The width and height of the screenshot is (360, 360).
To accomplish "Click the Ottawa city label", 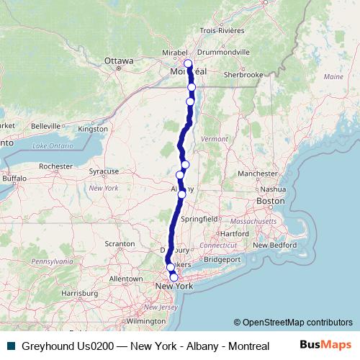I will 119,61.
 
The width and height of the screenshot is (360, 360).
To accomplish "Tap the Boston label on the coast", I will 271,201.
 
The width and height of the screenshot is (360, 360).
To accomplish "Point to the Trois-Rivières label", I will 222,31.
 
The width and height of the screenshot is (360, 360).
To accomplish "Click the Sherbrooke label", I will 244,74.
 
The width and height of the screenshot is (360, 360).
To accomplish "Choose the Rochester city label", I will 56,166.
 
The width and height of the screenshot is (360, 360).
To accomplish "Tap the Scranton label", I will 120,245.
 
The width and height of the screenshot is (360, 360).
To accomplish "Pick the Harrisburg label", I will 79,293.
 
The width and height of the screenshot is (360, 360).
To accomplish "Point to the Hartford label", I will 235,233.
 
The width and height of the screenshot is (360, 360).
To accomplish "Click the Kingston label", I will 92,129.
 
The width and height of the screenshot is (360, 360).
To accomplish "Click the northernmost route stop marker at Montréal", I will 188,63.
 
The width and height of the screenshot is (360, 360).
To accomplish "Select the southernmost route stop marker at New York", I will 174,277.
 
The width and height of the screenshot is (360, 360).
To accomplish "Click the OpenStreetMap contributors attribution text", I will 293,323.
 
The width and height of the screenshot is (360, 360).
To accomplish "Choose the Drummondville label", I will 225,53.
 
